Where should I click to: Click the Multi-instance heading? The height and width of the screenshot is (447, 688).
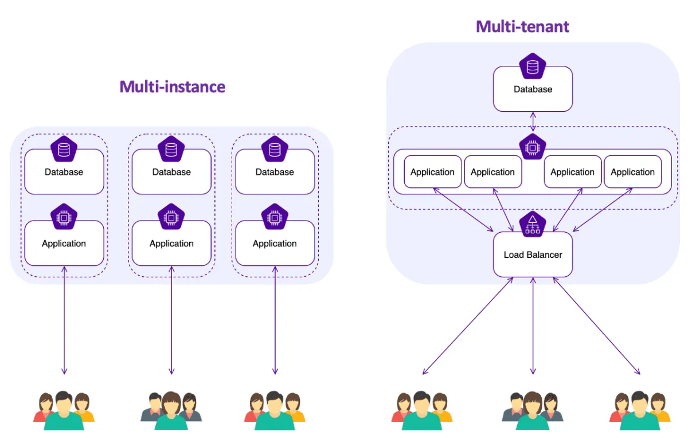[172, 87]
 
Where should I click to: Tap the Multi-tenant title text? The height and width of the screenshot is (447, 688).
[522, 26]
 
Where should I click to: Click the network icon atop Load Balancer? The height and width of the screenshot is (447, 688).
[533, 223]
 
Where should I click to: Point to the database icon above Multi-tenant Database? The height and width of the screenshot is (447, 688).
[533, 66]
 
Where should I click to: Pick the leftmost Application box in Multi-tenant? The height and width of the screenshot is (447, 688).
[432, 172]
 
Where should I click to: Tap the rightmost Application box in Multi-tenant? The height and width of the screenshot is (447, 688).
[632, 172]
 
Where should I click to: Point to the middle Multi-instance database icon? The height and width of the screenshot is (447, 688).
[171, 150]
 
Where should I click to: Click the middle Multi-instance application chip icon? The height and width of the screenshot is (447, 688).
[171, 217]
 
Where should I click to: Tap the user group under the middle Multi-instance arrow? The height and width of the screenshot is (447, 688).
[171, 410]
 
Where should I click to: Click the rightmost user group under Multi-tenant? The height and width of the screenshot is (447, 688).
[640, 410]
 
